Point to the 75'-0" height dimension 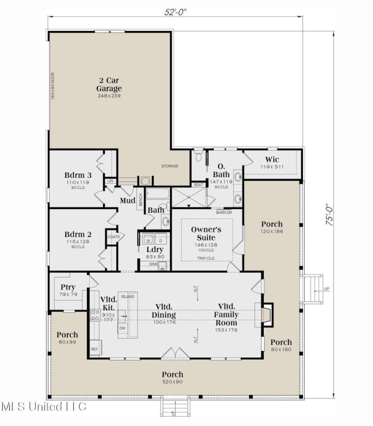[329, 215]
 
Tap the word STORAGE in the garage [170, 166]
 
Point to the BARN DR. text [225, 213]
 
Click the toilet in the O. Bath [198, 156]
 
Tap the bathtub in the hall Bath [157, 194]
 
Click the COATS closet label [113, 237]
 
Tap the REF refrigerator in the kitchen [95, 348]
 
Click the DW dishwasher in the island [123, 328]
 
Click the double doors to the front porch [175, 354]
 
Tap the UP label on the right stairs [327, 289]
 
